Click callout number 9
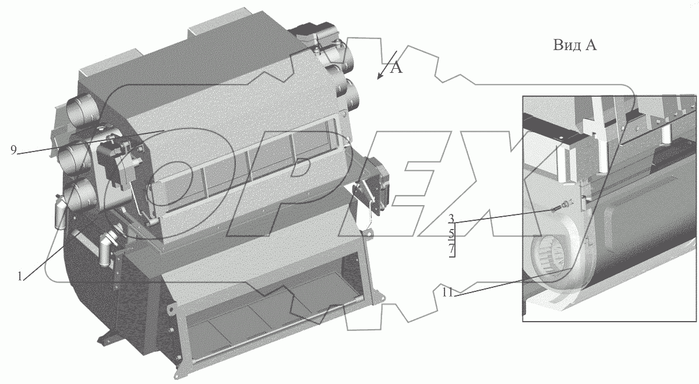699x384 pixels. (13, 150)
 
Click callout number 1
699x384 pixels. (20, 276)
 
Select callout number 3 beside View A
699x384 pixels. (451, 219)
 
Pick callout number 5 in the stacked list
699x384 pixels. (451, 234)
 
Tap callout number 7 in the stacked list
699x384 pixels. (451, 249)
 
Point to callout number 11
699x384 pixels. (447, 292)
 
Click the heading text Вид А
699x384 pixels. (575, 45)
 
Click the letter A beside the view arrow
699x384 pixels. (396, 68)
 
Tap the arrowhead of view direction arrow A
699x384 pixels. (379, 77)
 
